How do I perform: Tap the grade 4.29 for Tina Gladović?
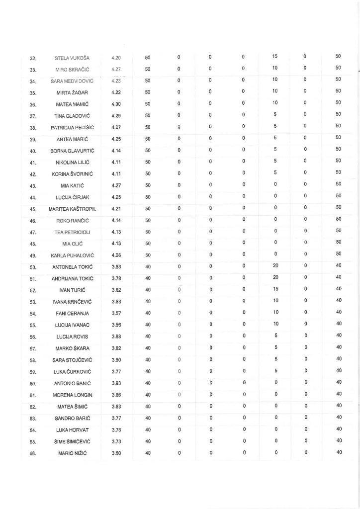117,116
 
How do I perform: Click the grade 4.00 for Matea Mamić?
117,104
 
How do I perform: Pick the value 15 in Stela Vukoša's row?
275,57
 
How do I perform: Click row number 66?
33,453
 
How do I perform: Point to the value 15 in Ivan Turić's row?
275,289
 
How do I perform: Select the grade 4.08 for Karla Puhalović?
117,255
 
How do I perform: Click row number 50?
33,267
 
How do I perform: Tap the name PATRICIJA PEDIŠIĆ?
72,127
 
